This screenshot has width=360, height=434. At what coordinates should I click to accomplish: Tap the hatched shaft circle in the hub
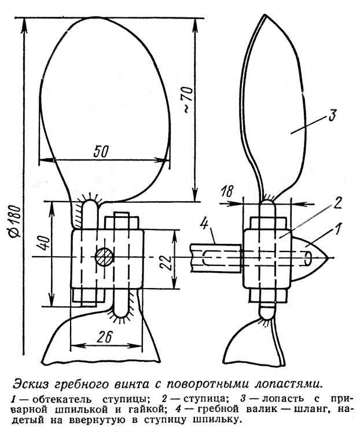point(106,257)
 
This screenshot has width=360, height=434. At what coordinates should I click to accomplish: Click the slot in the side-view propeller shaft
point(214,258)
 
